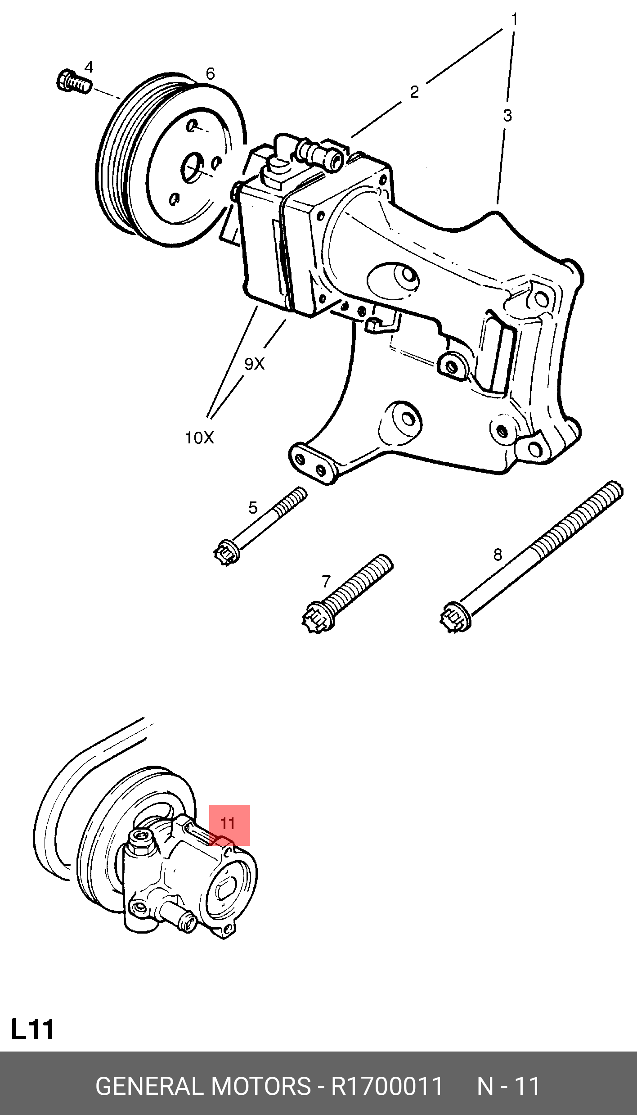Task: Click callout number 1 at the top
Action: coord(514,19)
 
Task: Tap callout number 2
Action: coord(414,92)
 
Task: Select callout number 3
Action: coord(507,116)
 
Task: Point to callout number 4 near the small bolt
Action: coord(89,68)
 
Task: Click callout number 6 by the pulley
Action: coord(210,74)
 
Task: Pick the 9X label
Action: coord(254,364)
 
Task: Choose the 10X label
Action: coord(199,438)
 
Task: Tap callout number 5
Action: coord(253,508)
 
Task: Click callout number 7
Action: coord(326,582)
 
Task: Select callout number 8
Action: coord(498,555)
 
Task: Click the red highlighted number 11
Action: coord(229,824)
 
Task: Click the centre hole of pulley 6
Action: coord(193,168)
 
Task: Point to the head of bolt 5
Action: coord(226,553)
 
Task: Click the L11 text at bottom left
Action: coord(32,1029)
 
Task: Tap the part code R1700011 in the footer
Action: coord(387,1086)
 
